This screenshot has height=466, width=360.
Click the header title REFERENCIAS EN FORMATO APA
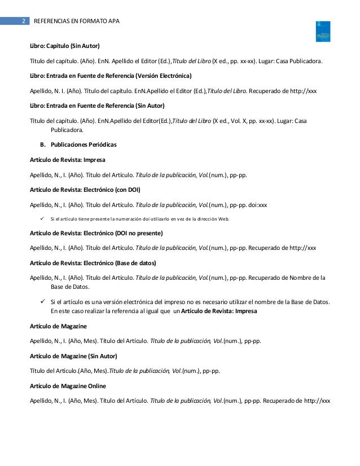[77, 21]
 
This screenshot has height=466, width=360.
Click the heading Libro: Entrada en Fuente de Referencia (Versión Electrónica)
[111, 75]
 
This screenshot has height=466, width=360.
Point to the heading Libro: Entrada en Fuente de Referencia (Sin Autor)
[97, 105]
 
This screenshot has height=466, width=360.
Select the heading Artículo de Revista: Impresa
[67, 160]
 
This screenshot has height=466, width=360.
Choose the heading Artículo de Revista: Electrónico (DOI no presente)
[96, 233]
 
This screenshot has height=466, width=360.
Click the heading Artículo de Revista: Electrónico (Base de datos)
[93, 262]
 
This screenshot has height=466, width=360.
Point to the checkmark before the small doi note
[42, 218]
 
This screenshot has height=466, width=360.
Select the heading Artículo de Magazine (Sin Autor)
[73, 356]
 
